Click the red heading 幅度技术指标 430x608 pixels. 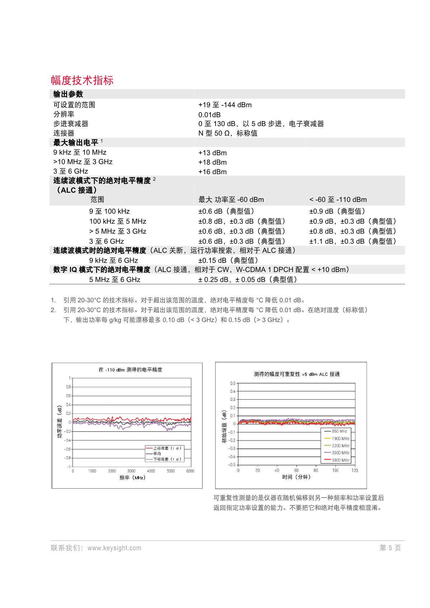pyautogui.click(x=82, y=80)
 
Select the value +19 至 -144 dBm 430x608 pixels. pyautogui.click(x=225, y=105)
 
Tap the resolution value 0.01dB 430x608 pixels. pyautogui.click(x=209, y=115)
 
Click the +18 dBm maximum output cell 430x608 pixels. pyautogui.click(x=212, y=162)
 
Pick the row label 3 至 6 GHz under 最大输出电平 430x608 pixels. pyautogui.click(x=71, y=171)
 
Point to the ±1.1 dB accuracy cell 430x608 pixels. pyautogui.click(x=353, y=241)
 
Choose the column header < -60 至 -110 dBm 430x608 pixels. pyautogui.click(x=338, y=200)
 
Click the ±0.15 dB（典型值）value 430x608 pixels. pyautogui.click(x=228, y=261)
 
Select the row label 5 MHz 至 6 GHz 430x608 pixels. pyautogui.click(x=115, y=280)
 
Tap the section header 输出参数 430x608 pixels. pyautogui.click(x=68, y=94)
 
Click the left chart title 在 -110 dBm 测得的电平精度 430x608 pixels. pyautogui.click(x=130, y=370)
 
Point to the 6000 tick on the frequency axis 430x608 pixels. pyautogui.click(x=190, y=471)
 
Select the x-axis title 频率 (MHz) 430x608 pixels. pyautogui.click(x=132, y=478)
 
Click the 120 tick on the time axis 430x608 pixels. pyautogui.click(x=355, y=470)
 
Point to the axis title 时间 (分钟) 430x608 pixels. pyautogui.click(x=297, y=477)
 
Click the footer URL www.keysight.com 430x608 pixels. pyautogui.click(x=114, y=548)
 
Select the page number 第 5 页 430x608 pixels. pyautogui.click(x=390, y=548)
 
